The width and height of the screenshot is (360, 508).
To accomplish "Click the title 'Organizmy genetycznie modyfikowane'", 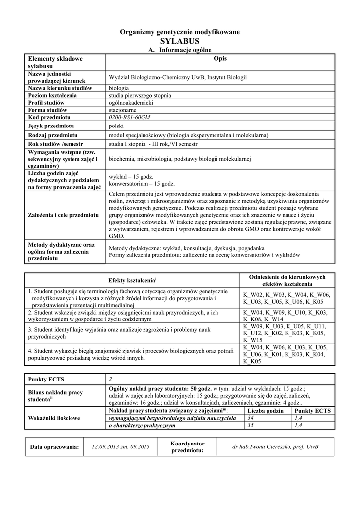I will [x=180, y=32].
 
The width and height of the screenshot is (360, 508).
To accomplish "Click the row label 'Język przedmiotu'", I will [x=51, y=126].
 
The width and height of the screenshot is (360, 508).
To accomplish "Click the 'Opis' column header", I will [x=219, y=59].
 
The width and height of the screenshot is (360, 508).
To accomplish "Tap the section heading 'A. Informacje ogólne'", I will [x=180, y=50].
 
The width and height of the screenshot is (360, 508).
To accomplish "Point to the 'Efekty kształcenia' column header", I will [x=132, y=280].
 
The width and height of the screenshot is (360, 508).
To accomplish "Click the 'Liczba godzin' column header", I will [x=265, y=411].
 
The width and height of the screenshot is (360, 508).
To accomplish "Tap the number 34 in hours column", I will [x=250, y=418].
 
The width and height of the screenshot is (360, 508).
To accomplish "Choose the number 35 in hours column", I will [x=250, y=425].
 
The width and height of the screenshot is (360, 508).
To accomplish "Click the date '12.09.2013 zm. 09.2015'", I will [x=121, y=447].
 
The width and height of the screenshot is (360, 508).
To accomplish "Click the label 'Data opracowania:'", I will [x=55, y=447].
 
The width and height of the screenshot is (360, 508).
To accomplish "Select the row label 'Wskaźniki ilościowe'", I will [x=54, y=418].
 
